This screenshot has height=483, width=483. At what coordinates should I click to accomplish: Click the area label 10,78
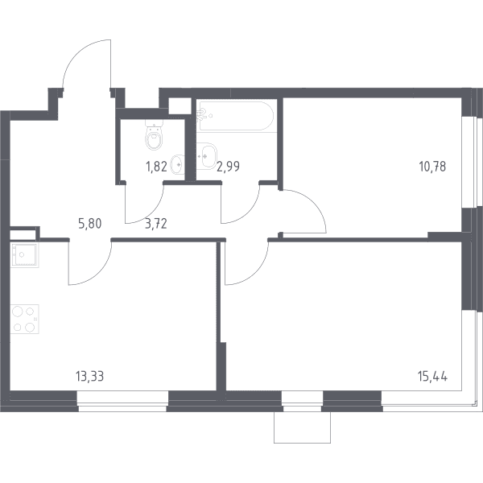point(432,167)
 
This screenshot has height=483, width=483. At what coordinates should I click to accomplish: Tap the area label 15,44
point(433,377)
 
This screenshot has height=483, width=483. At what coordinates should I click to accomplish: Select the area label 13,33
point(89,377)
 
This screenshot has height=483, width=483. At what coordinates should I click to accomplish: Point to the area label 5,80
point(90,224)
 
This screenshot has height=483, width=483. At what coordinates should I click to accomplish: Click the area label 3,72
point(156,224)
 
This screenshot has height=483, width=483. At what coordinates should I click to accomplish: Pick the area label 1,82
point(156,167)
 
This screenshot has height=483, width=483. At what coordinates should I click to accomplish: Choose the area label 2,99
point(229,167)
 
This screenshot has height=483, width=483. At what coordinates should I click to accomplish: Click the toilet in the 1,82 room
point(154,136)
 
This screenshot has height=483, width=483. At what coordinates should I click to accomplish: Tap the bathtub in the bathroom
point(236,116)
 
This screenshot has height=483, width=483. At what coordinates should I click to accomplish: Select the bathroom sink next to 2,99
point(207,156)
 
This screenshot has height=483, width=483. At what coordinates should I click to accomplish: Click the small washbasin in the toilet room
point(177,164)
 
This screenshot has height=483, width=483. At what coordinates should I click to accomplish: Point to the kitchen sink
point(24,254)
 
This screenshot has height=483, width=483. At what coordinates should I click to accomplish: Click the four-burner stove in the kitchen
point(25,319)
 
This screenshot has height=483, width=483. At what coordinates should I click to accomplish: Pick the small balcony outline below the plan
point(302,427)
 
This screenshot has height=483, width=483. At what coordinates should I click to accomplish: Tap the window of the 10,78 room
point(471,162)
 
